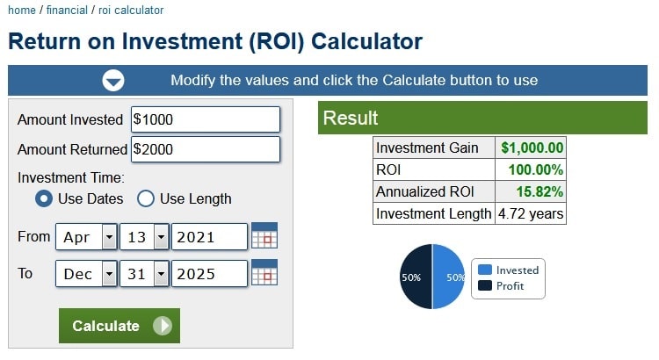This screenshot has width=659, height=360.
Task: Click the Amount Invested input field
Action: point(205,119)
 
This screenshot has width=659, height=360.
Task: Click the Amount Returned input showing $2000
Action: point(205,149)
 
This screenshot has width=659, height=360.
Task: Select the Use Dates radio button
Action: point(44,198)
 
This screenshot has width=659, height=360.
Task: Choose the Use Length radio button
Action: point(145,198)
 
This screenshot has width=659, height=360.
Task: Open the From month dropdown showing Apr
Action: point(86,237)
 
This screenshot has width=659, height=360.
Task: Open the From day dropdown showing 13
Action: point(144,237)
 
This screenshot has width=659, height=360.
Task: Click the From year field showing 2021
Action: point(209,237)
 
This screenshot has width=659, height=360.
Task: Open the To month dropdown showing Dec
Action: point(86,274)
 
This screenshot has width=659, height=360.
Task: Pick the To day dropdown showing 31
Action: point(144,274)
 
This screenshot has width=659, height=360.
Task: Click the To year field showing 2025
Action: point(209,274)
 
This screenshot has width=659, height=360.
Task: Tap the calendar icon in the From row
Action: point(264,235)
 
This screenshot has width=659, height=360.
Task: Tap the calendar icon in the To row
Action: point(264,272)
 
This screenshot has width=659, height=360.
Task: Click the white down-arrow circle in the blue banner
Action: point(113,80)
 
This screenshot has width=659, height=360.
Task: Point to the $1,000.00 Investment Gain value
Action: point(532,148)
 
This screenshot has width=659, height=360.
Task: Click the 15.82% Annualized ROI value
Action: point(540,191)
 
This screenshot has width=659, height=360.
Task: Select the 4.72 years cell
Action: point(531,213)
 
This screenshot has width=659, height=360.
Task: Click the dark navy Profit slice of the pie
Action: point(416,277)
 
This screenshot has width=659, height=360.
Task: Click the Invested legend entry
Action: point(509,270)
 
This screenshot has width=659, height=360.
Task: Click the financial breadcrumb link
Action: point(67,10)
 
